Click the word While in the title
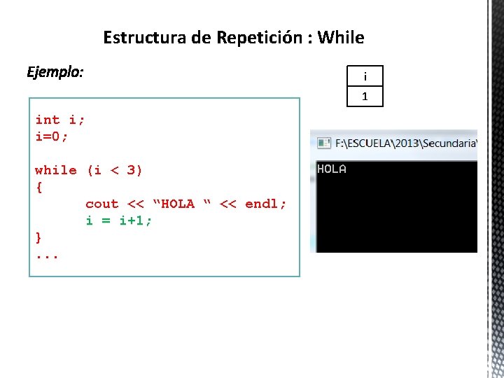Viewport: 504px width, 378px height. (x=341, y=37)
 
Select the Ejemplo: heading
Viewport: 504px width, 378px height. (x=55, y=72)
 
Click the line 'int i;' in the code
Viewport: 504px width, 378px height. (x=60, y=120)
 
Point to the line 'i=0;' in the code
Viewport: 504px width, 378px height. (x=52, y=136)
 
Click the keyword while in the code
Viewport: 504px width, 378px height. (x=56, y=170)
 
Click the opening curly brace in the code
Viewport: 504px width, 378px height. (x=39, y=187)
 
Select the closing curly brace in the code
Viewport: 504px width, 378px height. (x=39, y=237)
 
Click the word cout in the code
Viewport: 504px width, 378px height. (x=102, y=204)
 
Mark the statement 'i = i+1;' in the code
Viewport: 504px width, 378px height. (x=119, y=220)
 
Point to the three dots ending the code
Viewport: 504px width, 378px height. (x=47, y=255)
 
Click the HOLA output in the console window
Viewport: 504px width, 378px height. (x=332, y=169)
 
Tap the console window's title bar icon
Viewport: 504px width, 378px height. (x=324, y=143)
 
